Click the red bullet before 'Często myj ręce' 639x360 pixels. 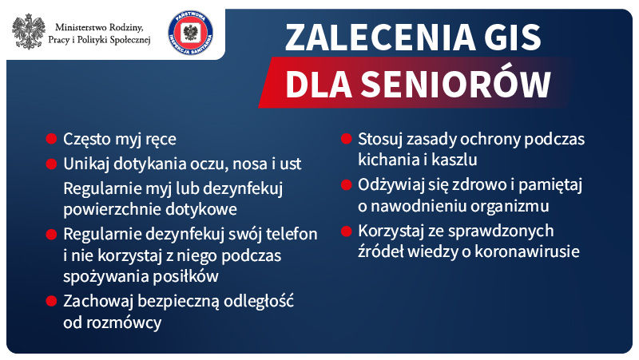coord(52,139)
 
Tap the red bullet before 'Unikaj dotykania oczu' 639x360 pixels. coord(52,164)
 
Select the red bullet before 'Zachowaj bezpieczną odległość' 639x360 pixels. coord(52,301)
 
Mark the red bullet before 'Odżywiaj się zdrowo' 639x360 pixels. coord(347,184)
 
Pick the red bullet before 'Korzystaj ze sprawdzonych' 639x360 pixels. coord(347,231)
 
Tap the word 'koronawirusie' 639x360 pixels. coord(530,251)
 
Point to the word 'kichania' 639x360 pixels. coord(387,160)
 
